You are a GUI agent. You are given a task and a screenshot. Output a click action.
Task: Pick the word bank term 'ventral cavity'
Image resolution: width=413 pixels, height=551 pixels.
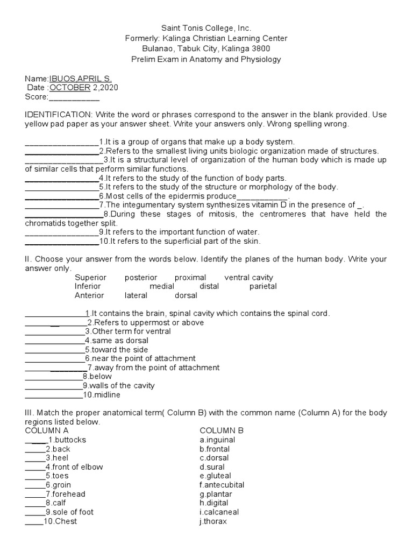point(248,278)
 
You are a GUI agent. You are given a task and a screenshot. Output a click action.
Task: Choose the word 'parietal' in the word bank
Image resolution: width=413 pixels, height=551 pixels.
point(263,286)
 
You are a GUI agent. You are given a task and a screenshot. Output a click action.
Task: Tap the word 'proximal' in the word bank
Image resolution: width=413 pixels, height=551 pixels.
point(190,278)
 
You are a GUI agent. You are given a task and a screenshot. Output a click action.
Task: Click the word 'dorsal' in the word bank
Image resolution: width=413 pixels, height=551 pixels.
point(186,295)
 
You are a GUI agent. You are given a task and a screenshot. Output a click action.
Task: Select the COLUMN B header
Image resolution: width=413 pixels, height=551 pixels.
point(222,430)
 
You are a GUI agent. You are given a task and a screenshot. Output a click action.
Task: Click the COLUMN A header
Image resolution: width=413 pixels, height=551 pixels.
point(47,430)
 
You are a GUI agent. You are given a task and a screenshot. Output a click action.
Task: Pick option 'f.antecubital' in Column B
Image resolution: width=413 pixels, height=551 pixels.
point(222,485)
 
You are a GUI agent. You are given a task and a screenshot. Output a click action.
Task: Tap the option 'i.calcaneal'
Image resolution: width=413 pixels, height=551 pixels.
point(219,512)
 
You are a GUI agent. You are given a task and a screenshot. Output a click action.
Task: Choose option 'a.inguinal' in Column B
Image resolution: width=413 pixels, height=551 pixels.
point(217,440)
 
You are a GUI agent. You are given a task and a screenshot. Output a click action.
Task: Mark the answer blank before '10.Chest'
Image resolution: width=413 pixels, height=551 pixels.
point(34,521)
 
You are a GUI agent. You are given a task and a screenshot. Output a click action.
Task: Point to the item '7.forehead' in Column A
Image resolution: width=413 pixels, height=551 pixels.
point(65,494)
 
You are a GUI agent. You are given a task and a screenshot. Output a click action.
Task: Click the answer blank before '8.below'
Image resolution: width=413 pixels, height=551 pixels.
point(53,377)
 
